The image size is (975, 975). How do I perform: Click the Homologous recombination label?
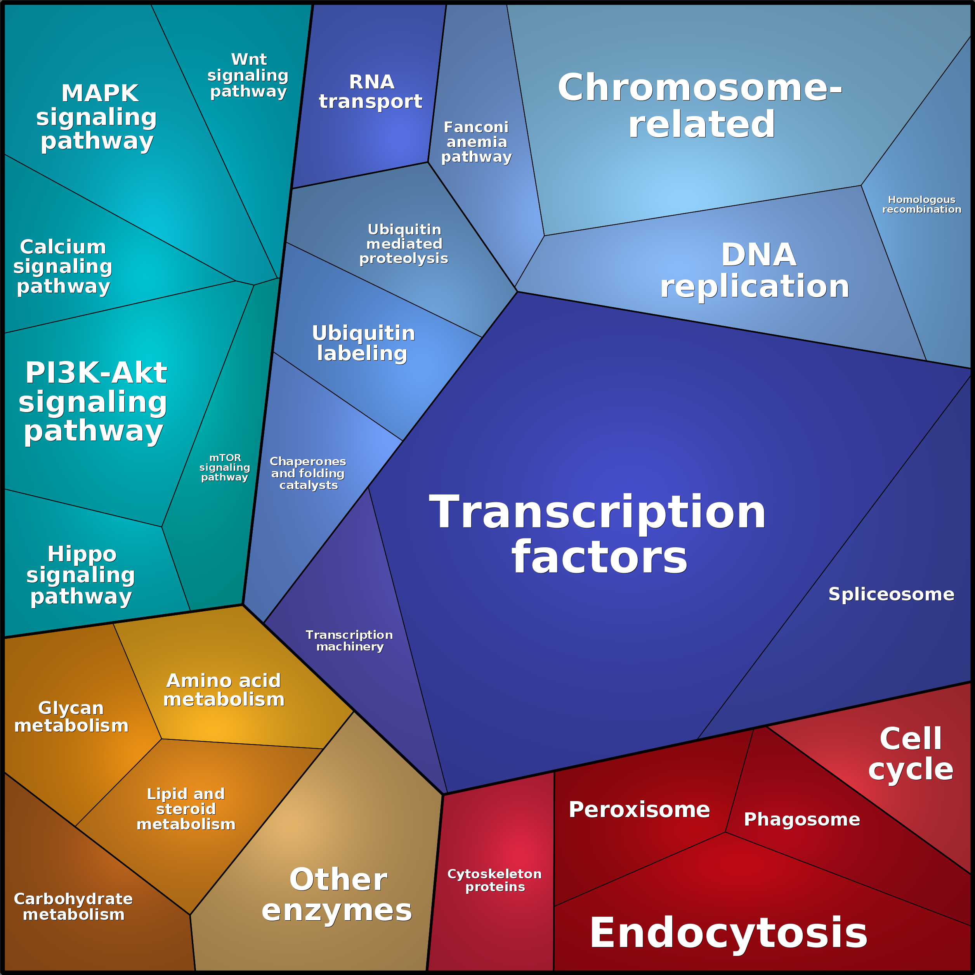click(921, 205)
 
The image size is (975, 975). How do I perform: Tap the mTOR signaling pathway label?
click(225, 467)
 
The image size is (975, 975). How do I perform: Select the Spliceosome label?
click(891, 594)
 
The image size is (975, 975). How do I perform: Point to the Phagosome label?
click(802, 819)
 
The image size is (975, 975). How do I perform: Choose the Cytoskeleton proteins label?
click(494, 880)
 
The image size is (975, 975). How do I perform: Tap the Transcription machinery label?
click(349, 640)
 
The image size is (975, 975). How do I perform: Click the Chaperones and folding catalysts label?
click(308, 473)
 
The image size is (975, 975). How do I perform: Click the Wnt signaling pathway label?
click(248, 75)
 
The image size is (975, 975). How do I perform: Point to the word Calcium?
click(63, 247)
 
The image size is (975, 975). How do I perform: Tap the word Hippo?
click(82, 553)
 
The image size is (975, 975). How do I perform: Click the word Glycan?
click(71, 708)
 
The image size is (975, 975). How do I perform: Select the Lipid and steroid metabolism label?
click(186, 808)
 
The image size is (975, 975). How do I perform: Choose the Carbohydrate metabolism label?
click(73, 906)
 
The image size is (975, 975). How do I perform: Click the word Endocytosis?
click(728, 933)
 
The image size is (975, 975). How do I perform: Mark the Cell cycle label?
click(911, 753)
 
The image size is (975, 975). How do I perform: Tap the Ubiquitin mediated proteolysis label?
click(404, 244)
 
